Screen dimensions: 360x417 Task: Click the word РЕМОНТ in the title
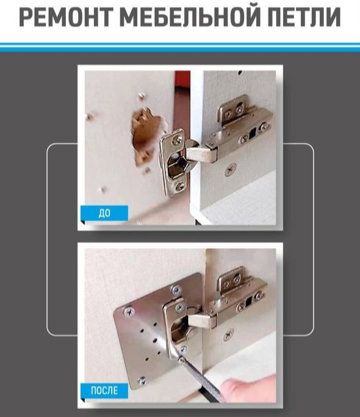coord(65,17)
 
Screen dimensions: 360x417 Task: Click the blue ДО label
coord(104,213)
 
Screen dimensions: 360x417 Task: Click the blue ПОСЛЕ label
coord(104,391)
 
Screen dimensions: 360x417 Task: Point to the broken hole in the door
coord(147,135)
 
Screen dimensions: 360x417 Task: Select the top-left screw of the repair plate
coord(129,312)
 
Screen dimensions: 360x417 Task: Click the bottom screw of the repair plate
coord(142,382)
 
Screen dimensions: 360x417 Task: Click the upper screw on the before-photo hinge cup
coord(177,139)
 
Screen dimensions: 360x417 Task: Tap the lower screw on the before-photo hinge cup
coord(179,186)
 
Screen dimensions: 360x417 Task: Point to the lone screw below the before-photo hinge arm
coord(230,169)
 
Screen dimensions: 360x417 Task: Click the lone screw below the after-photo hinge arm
coord(228,335)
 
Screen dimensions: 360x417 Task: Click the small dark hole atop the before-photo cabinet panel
coord(240,72)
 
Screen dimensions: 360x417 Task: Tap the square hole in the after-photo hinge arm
coord(248,301)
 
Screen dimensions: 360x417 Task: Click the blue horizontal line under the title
coord(180,47)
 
